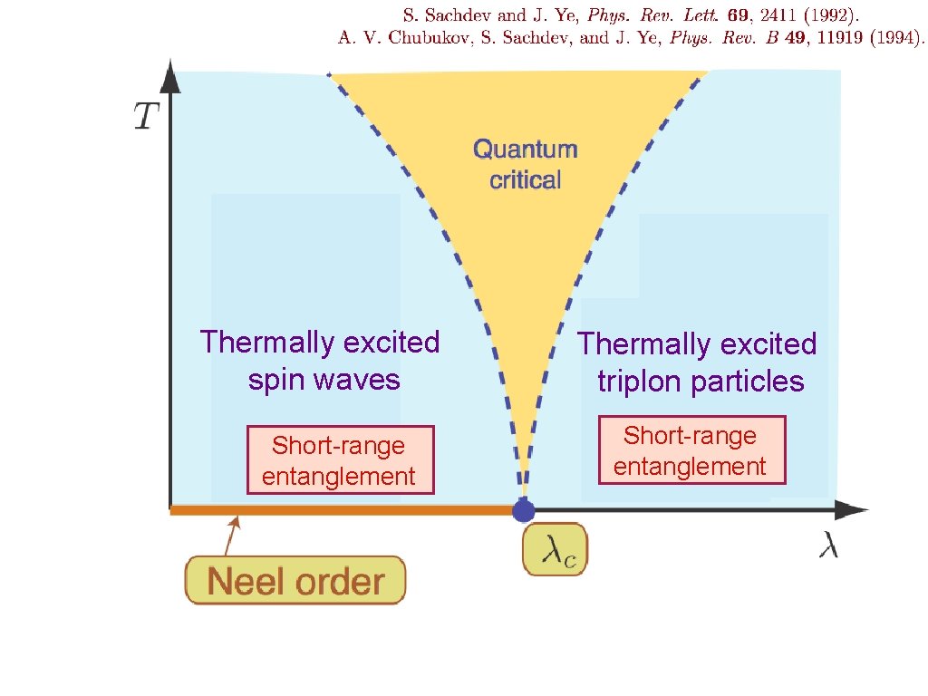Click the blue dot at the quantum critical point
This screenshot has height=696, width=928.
524,510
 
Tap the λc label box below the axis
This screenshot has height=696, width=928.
555,549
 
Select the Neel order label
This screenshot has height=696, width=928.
295,580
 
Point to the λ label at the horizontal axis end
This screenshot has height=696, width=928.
828,546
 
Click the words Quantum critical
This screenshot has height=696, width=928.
526,164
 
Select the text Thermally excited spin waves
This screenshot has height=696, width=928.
320,360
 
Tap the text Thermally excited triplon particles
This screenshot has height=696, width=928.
698,362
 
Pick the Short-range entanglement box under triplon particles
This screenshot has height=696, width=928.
690,450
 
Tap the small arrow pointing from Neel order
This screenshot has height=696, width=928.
232,534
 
